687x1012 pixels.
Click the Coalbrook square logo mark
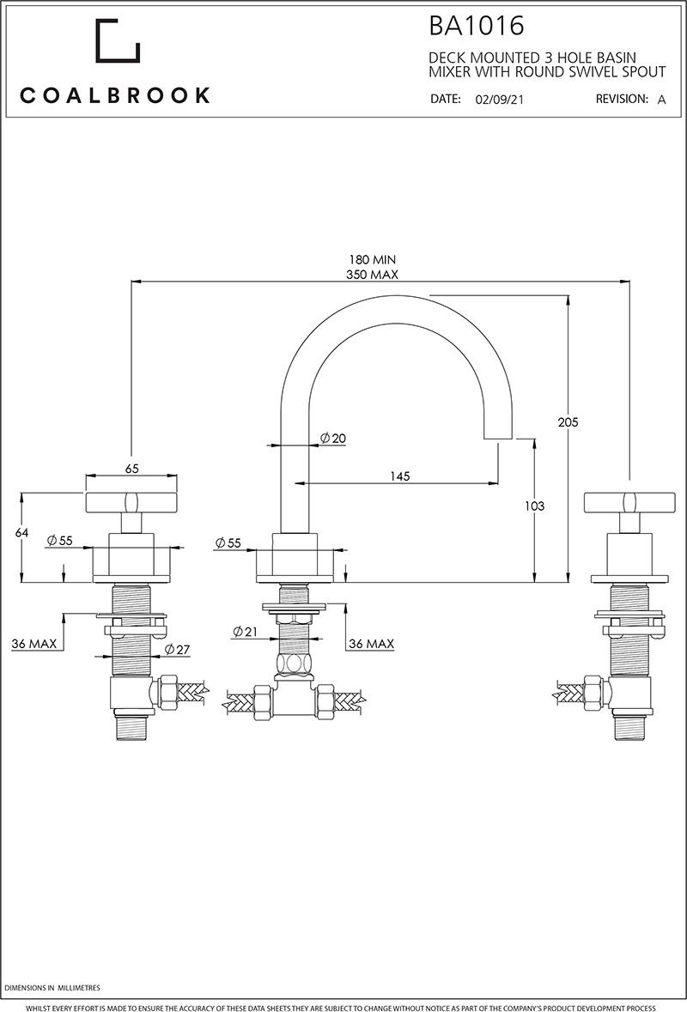coord(118,40)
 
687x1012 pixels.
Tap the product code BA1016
coord(477,26)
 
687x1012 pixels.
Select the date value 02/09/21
coord(499,100)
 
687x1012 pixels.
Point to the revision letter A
coord(661,100)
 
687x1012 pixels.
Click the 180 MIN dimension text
coord(373,259)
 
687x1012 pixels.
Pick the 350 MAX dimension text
coord(373,275)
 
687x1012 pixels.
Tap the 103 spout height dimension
coord(534,506)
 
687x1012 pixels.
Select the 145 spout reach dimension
coord(398,476)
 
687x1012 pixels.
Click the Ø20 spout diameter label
coord(331,438)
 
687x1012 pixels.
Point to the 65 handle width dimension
coord(132,469)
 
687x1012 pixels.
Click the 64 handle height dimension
coord(22,533)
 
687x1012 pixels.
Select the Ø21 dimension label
coord(244,632)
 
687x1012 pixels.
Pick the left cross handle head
coord(132,501)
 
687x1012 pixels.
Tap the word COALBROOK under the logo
coord(115,94)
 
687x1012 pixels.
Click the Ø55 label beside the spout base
coord(228,542)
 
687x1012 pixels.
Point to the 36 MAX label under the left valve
coord(35,644)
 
